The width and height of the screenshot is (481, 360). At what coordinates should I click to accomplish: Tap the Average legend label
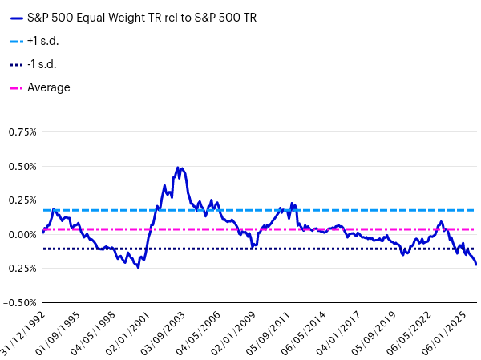(49, 87)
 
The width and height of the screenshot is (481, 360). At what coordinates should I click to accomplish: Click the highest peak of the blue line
(177, 168)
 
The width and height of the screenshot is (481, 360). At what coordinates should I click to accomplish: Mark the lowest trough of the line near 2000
(138, 267)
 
